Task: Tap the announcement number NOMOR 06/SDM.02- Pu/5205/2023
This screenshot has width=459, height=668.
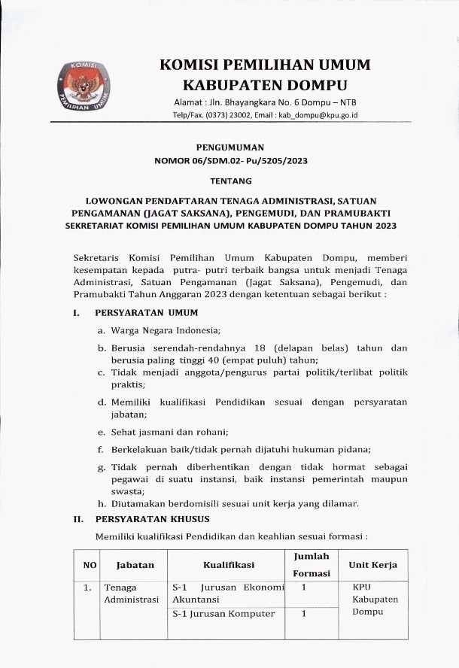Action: (x=231, y=161)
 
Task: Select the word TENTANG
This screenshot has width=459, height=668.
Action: (x=231, y=181)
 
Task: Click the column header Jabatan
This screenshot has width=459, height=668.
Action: (x=135, y=564)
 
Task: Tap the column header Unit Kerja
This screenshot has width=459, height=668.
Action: (x=373, y=564)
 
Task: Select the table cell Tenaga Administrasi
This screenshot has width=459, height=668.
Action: (x=132, y=594)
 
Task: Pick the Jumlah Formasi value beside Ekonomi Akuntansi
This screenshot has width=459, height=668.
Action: (x=302, y=587)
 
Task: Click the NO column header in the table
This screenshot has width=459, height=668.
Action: (x=90, y=564)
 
